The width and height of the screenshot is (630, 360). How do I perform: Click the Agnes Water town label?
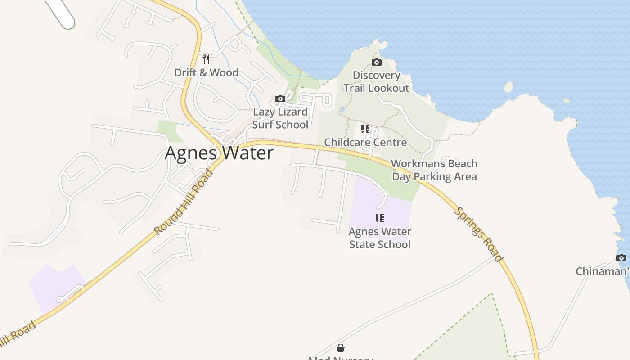[219, 153]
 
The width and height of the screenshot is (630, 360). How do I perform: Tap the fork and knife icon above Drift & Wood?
[206, 59]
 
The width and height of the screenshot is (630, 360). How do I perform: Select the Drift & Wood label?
[206, 72]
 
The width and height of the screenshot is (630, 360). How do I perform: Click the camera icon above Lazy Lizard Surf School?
[280, 99]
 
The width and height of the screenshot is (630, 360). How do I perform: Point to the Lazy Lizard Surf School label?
[280, 118]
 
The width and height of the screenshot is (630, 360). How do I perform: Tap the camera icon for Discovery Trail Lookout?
[377, 62]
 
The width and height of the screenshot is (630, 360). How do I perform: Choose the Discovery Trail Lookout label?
[377, 81]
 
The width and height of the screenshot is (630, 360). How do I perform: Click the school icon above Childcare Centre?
[365, 129]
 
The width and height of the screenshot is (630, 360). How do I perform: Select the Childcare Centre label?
[365, 142]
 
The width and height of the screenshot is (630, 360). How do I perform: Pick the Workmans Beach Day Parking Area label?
[434, 170]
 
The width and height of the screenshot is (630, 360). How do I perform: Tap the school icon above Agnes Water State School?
[380, 218]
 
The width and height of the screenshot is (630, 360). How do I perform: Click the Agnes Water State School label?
[380, 238]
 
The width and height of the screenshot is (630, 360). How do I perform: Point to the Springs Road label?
[478, 234]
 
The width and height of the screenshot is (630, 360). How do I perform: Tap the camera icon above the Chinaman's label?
[621, 258]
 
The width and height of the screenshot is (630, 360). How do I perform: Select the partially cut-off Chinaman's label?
[603, 271]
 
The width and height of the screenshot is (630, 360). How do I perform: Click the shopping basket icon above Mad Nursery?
[341, 348]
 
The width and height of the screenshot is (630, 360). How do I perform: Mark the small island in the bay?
[508, 87]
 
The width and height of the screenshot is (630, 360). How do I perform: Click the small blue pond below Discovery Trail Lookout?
[342, 109]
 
